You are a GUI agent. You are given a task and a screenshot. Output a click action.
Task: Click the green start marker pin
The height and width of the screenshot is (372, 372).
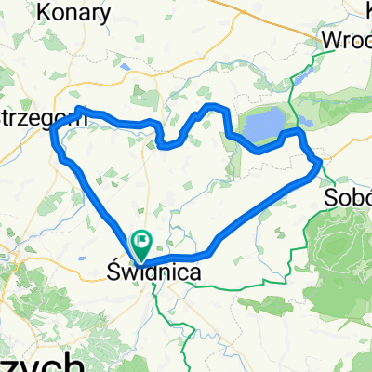pos(141,244)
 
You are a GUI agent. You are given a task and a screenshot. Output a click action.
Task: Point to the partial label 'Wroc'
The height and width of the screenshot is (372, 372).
pos(346,40)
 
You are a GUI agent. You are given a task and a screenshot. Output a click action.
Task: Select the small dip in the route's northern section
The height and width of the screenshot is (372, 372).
pos(166,144)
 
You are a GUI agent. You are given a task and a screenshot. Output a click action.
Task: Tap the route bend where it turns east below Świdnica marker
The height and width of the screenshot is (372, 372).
pos(151,259)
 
